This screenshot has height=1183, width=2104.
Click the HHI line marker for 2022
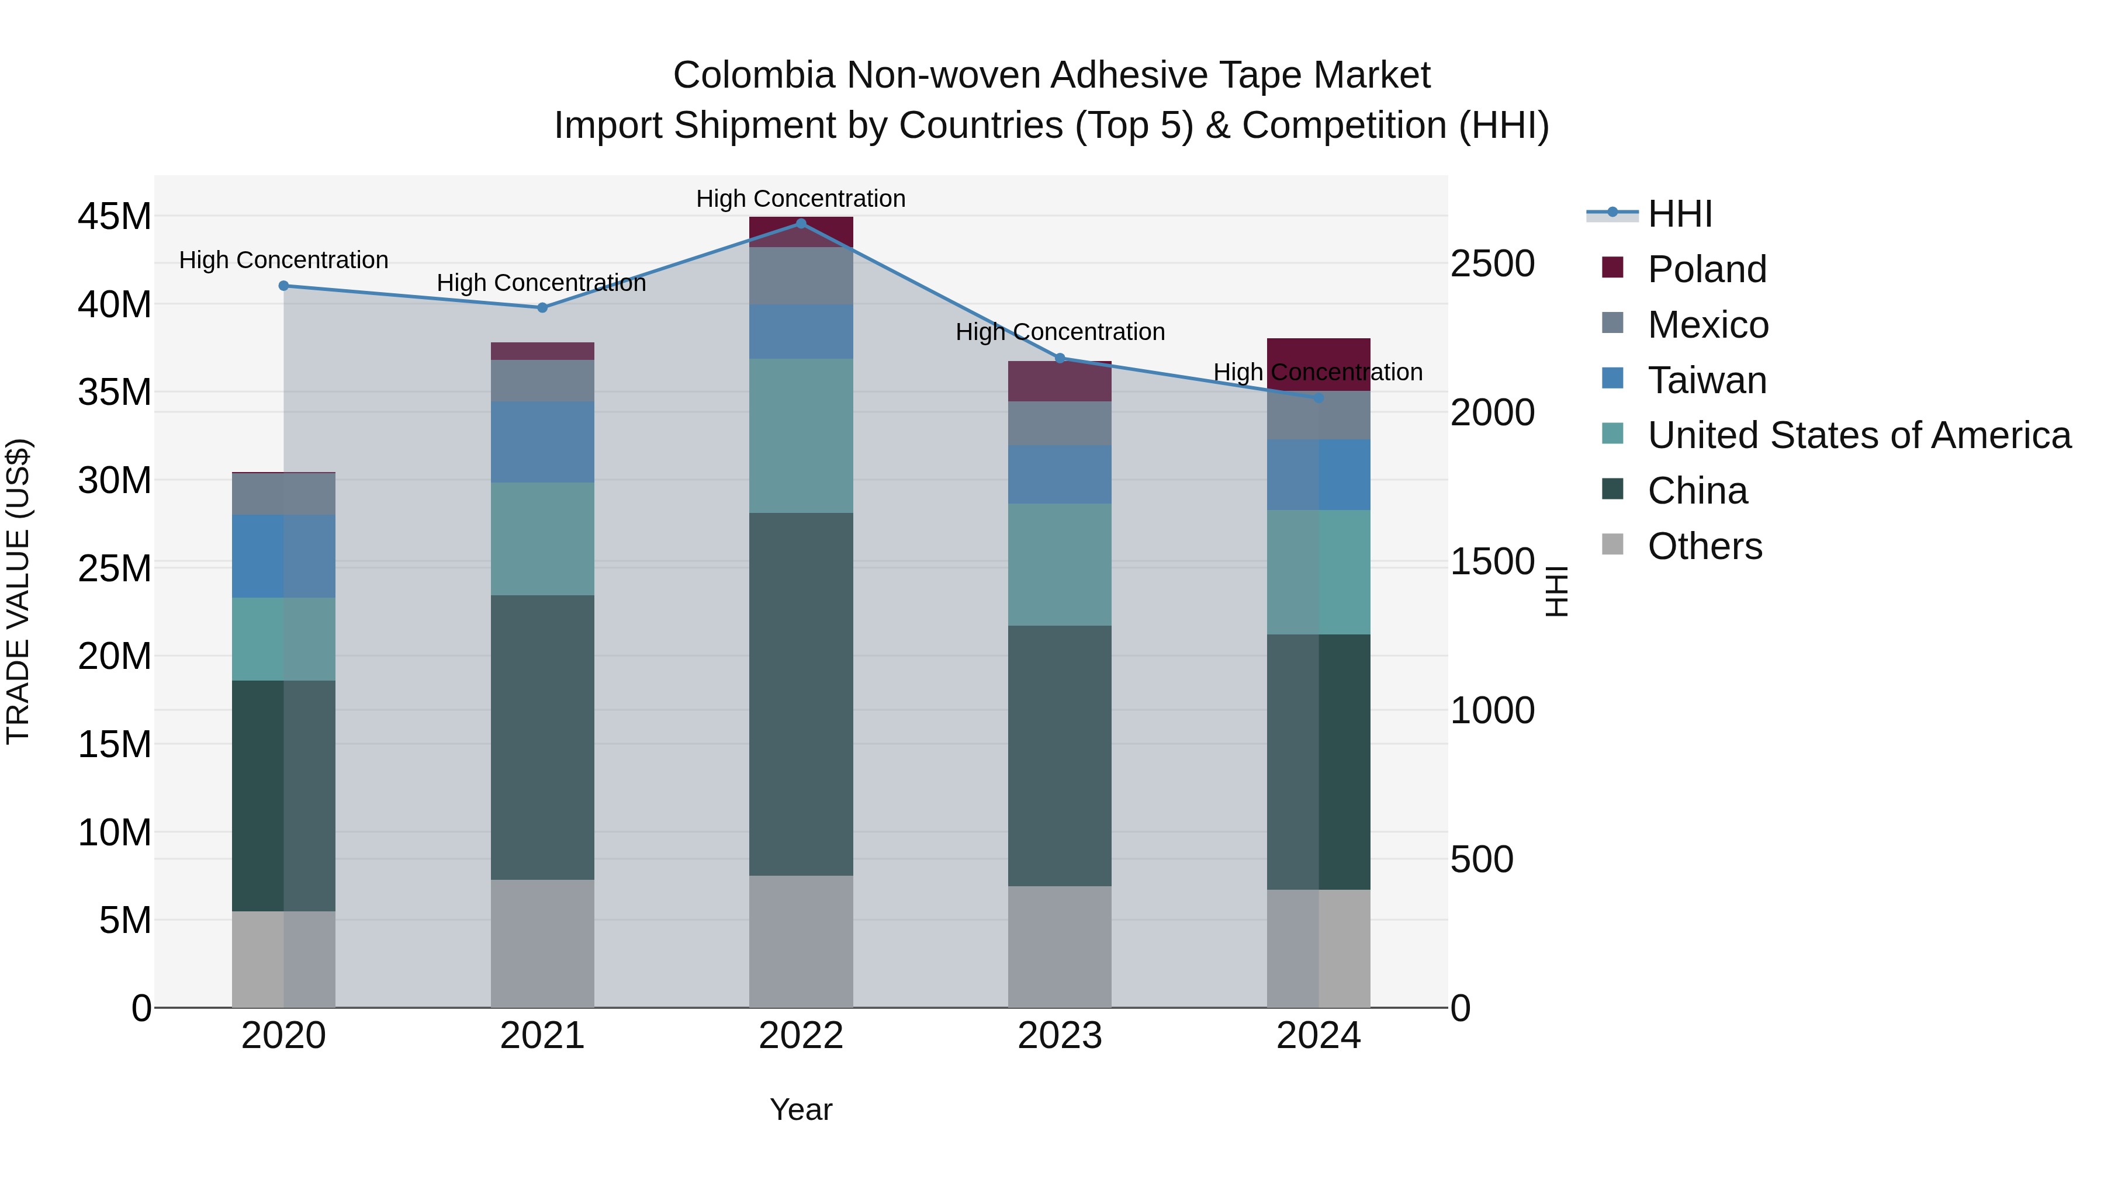tap(801, 224)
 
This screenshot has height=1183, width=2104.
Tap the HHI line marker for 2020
tap(283, 286)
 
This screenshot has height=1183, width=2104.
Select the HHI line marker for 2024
tap(1319, 398)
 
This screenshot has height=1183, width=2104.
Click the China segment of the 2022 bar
tap(801, 694)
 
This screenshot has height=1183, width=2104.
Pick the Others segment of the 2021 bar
tap(542, 943)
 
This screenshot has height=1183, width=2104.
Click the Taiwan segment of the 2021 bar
tap(542, 442)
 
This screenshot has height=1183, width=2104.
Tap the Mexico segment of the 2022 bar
tap(801, 276)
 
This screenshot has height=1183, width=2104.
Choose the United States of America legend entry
tap(1858, 435)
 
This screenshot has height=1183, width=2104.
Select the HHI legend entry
tap(1679, 214)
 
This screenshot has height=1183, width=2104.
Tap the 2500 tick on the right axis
tap(1492, 263)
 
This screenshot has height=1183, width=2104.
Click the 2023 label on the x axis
tap(1060, 1036)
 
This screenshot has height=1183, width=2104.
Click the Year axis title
tap(801, 1109)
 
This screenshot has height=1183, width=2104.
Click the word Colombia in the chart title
tap(753, 75)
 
